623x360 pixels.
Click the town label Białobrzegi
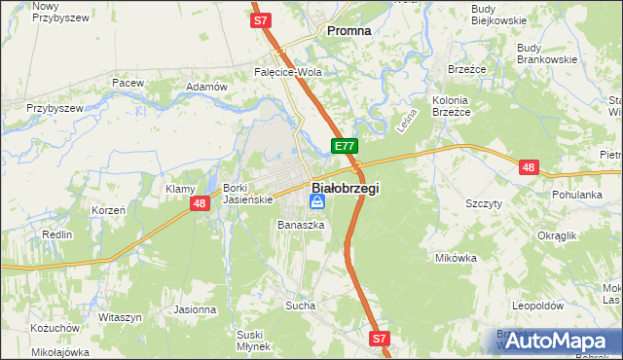coord(346,188)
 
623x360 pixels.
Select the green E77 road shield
coord(343,146)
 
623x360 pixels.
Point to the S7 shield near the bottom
coord(380,339)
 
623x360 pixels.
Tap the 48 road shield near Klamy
coord(200,202)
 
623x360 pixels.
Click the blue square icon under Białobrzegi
coord(317,202)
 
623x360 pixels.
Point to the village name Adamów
coord(205,87)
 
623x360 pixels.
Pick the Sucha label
coord(300,306)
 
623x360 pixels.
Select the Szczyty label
coord(484,203)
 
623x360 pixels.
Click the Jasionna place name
coord(195,309)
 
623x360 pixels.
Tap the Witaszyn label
coord(121,317)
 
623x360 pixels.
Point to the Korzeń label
coord(108,210)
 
